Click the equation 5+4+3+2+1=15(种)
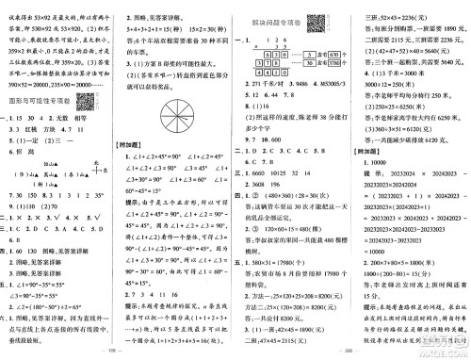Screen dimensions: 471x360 tap(154, 31)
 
